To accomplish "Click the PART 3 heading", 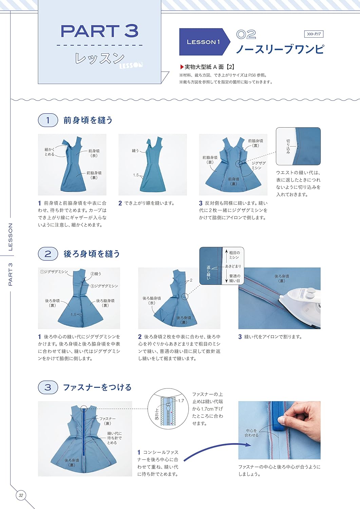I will coord(99,31).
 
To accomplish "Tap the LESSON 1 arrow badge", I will coord(204,42).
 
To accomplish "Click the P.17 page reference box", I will coord(314,34).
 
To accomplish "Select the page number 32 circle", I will coord(21,495).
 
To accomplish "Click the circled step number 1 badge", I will coord(48,120).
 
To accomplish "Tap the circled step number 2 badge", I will coord(48,254).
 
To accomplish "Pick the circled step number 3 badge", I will coord(48,388).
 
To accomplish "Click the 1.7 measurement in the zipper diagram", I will coord(181,401).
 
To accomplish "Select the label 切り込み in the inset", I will coord(288,146).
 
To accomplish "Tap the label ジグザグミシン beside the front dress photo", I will coord(259,165).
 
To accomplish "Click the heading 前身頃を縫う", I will coord(88,120).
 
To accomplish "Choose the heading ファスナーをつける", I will coord(97,388).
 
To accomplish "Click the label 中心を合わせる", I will coord(251,433).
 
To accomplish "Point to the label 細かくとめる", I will coord(50,152).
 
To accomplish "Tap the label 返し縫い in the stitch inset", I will coord(208,272).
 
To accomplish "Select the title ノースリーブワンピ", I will coord(280,50).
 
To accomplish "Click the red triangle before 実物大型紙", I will coord(182,67).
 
